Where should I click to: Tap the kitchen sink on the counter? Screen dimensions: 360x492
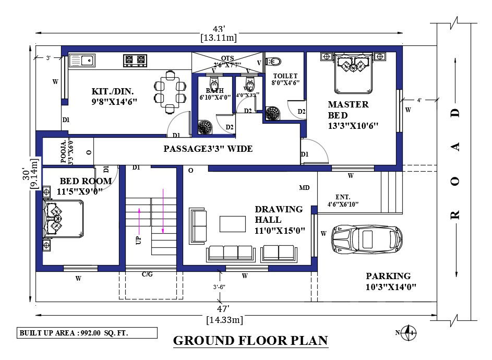coord(81,61)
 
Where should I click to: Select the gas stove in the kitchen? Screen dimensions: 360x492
coord(134,61)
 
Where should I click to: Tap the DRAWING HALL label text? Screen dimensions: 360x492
coord(279,219)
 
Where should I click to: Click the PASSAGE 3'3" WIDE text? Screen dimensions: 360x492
coord(208,149)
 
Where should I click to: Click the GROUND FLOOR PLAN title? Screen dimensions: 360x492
coord(250,341)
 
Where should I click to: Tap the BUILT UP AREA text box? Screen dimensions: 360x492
coord(86,333)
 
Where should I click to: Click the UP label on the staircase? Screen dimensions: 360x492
coord(138,241)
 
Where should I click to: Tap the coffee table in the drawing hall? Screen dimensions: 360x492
coord(232,223)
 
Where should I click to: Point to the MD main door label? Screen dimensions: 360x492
coord(304,187)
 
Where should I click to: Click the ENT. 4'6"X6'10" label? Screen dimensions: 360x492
coord(343,200)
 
